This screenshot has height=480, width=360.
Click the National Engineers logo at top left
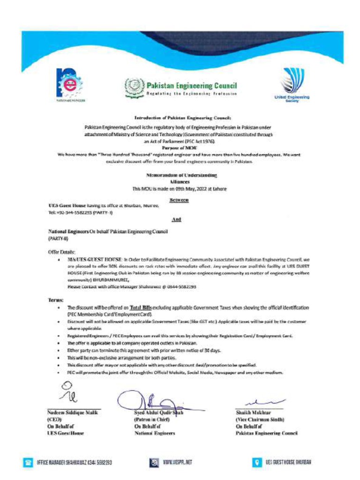[x=69, y=83]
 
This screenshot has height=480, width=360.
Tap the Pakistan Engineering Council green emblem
[x=133, y=87]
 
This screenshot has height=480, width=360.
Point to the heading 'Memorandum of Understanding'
[x=181, y=174]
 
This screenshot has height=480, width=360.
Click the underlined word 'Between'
[x=180, y=200]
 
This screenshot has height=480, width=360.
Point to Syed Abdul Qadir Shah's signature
[x=151, y=401]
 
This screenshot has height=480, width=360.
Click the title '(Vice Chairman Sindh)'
[x=260, y=420]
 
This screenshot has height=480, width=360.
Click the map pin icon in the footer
[x=256, y=462]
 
